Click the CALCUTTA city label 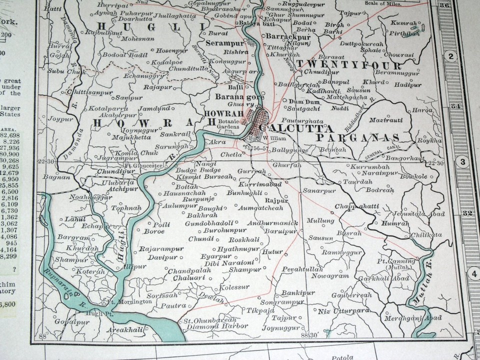[294, 127]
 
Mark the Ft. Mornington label [129, 302]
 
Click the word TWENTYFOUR [349, 65]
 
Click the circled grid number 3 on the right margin [462, 162]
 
